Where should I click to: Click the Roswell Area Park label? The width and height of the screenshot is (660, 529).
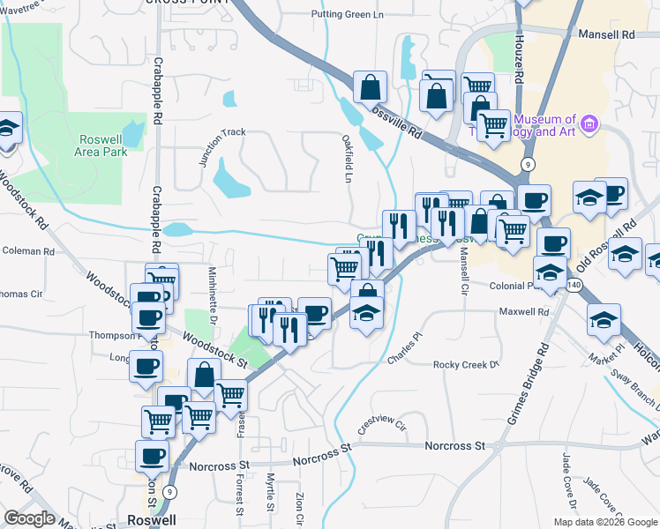[x=104, y=145]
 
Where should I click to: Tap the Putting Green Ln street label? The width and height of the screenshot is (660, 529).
[x=350, y=14]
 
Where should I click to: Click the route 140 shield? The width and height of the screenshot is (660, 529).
[x=574, y=286]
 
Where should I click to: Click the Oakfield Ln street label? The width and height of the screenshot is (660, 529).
[x=348, y=158]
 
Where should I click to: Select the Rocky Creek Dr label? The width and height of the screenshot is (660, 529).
[x=466, y=364]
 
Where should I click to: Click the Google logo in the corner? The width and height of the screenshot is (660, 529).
[x=29, y=518]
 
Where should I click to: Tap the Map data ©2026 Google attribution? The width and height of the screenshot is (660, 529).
[x=605, y=522]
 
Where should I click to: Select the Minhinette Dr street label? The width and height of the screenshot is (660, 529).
[x=213, y=287]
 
